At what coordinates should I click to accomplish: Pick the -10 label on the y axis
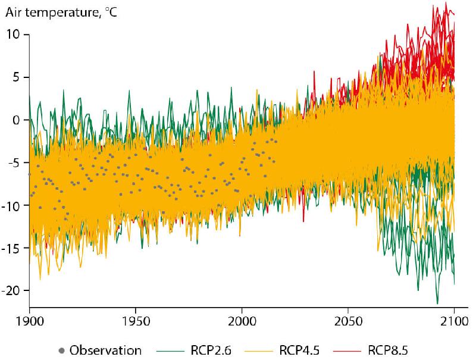[x=12, y=205]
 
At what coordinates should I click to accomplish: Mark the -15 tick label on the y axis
[x=12, y=248]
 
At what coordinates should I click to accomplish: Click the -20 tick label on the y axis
[x=12, y=290]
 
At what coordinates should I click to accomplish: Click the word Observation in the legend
[x=105, y=350]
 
